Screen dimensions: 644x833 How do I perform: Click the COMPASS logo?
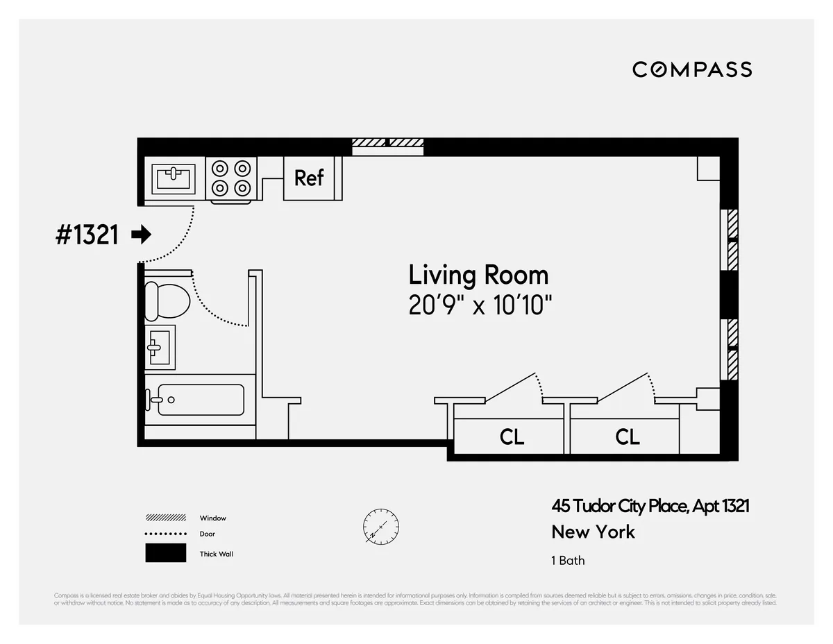(692, 69)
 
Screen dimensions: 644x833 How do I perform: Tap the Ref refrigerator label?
(309, 178)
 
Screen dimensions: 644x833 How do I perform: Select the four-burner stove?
(231, 178)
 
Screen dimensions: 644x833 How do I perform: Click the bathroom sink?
(159, 346)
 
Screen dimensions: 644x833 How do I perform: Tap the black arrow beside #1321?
(142, 235)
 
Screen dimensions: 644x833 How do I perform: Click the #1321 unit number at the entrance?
(87, 235)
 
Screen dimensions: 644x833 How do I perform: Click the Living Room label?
(478, 276)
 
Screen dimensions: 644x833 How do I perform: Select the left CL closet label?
(512, 437)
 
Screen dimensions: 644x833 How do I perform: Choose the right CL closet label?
(627, 437)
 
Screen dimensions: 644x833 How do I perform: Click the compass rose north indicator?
(381, 526)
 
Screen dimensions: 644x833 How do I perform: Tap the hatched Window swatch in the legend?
(166, 518)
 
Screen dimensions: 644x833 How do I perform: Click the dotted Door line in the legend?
(166, 534)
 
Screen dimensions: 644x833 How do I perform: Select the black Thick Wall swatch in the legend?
(166, 553)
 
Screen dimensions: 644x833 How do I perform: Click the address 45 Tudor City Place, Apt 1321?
(650, 507)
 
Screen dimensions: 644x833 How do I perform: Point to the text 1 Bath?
(568, 560)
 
